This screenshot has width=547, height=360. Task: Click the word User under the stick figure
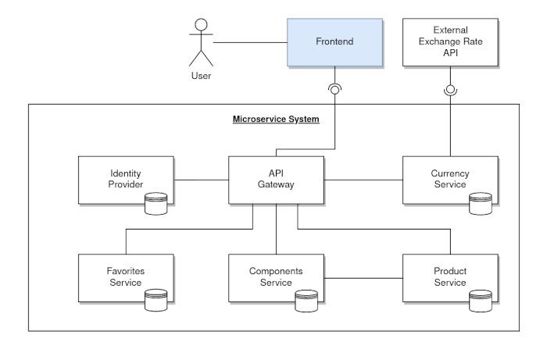coord(201,76)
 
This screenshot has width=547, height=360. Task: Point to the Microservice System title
coord(276,119)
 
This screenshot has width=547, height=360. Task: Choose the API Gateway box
coord(276,180)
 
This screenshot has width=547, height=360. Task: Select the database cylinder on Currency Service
coord(480,205)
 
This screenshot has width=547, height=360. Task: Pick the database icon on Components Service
coord(307,301)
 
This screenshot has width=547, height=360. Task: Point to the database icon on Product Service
coord(480,301)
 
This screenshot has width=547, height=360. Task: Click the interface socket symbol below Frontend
coord(335,89)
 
